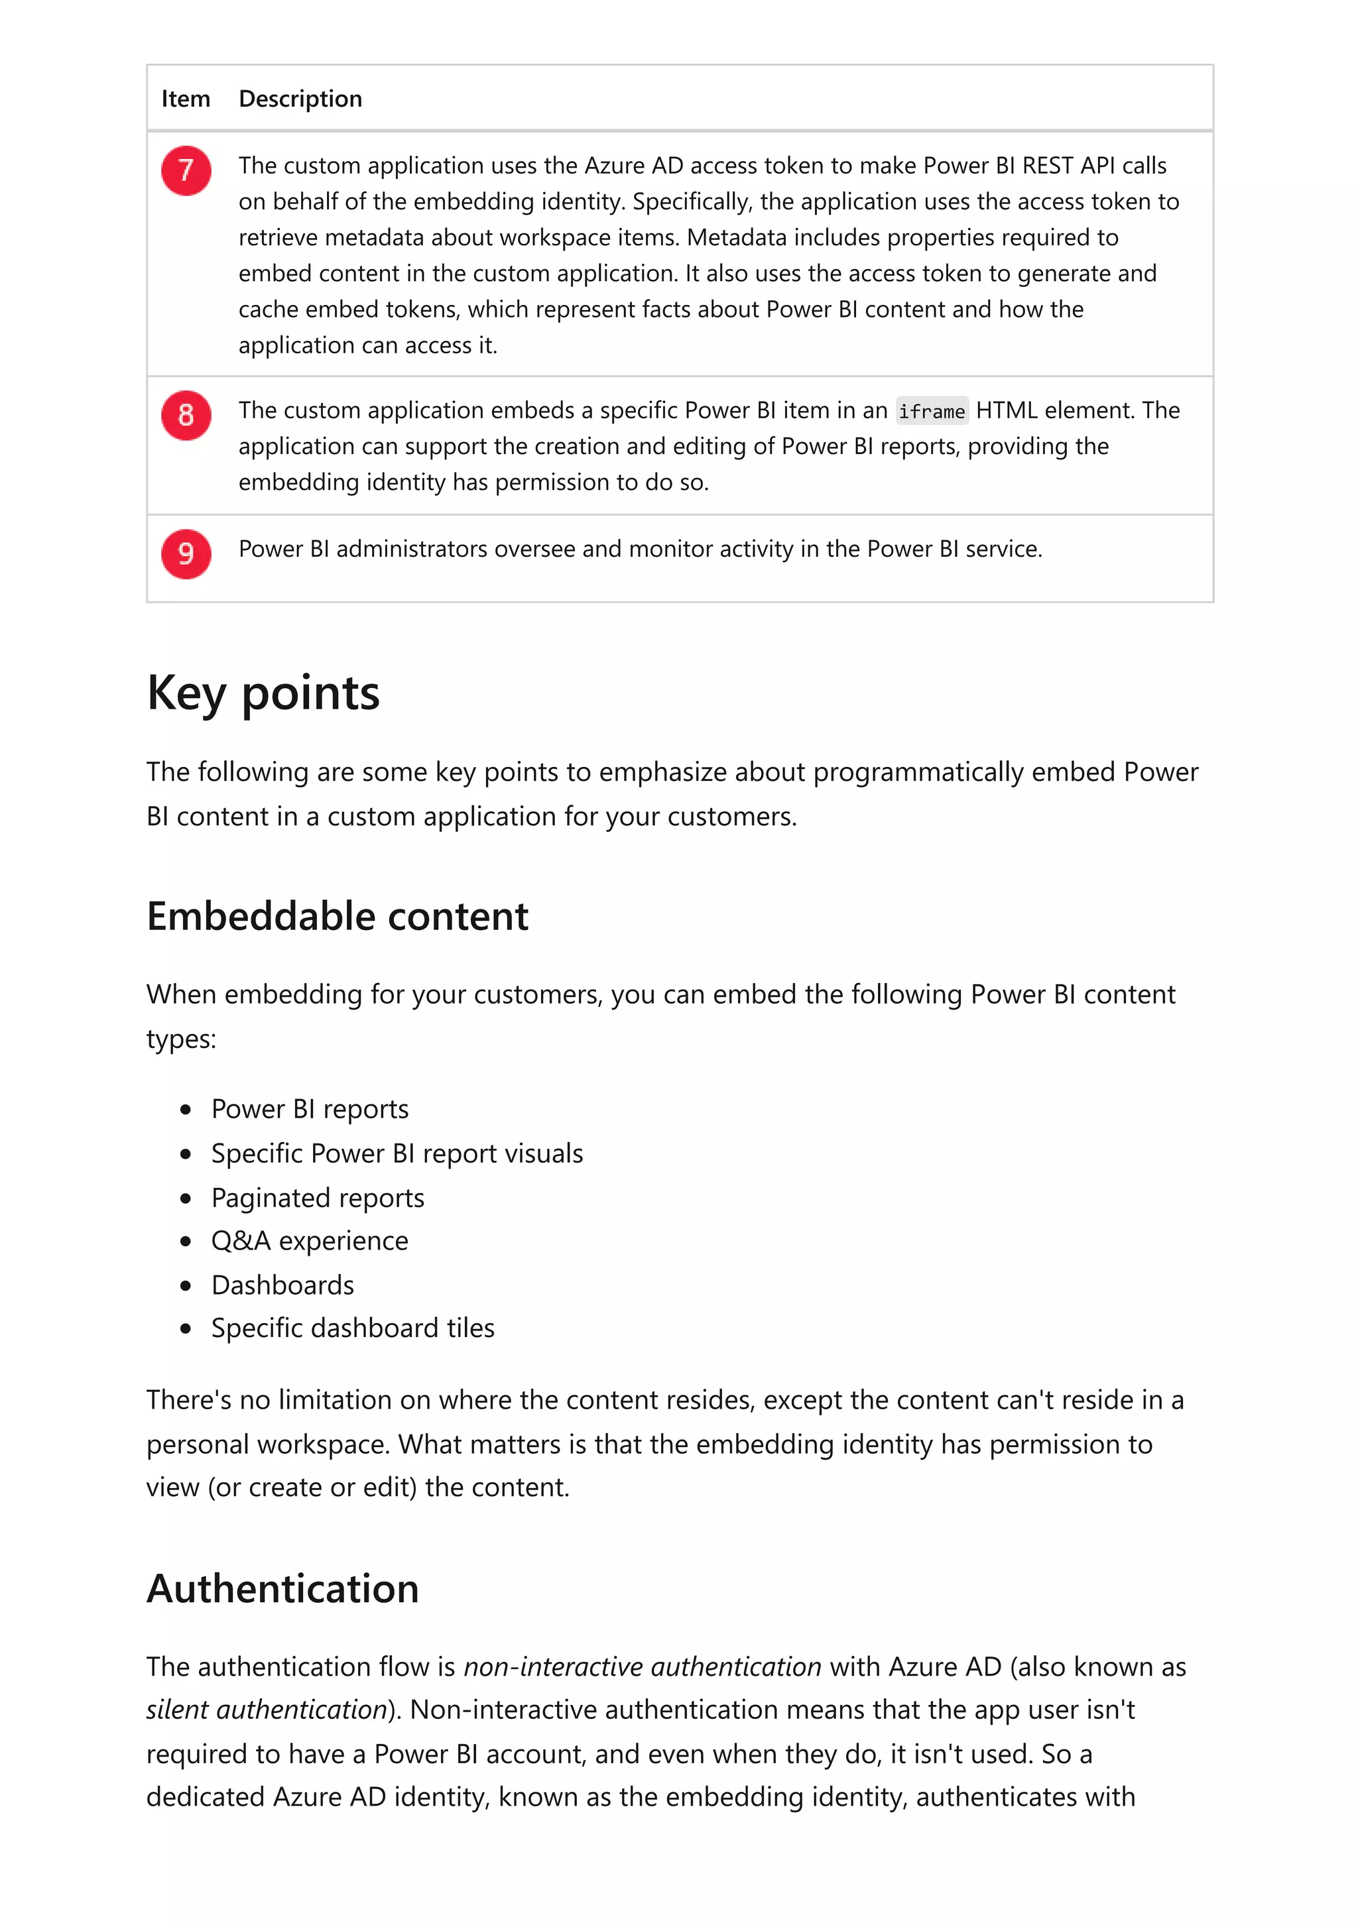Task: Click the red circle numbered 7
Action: point(186,170)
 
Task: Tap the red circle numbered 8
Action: point(186,415)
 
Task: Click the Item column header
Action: point(185,99)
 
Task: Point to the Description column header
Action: point(300,99)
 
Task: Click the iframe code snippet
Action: point(931,412)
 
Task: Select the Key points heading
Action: point(263,693)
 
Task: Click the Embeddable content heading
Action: point(338,916)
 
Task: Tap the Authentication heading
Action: point(283,1589)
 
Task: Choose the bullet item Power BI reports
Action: point(310,1110)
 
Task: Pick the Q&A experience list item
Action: point(310,1241)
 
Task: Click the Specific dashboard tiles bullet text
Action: point(352,1328)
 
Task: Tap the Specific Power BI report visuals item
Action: point(397,1154)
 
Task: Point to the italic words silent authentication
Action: point(266,1710)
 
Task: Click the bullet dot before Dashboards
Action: point(186,1285)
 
